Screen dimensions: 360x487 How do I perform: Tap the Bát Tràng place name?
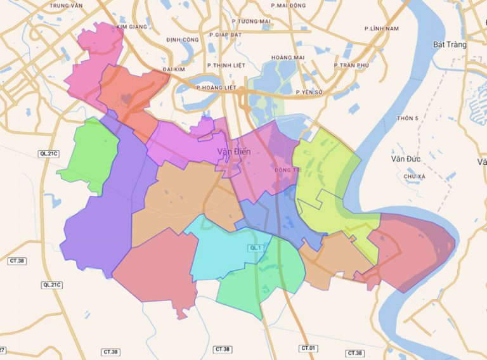(450, 44)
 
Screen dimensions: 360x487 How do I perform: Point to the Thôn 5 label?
(407, 119)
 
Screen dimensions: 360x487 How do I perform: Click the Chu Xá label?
(413, 176)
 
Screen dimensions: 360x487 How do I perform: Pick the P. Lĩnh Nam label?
(382, 29)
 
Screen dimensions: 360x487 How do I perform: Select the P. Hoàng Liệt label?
(216, 87)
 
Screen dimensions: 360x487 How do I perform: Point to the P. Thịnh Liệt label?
(226, 65)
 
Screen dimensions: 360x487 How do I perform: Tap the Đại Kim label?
(173, 68)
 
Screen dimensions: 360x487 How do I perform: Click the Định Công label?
(183, 39)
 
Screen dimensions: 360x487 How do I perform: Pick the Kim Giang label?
(132, 27)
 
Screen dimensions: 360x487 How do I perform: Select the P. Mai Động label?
(288, 5)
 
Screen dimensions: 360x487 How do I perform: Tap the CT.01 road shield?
(309, 349)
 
